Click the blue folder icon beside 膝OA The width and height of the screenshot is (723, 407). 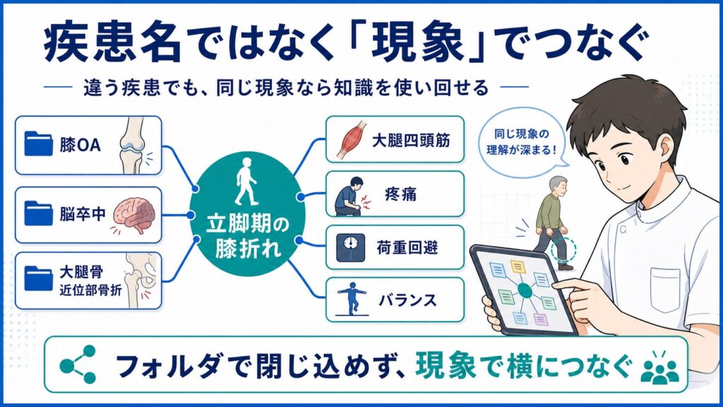[38, 143]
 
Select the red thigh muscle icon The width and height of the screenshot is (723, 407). [352, 139]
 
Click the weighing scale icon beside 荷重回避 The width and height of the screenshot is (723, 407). [350, 248]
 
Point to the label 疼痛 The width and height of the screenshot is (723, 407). [401, 194]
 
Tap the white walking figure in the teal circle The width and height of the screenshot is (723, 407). [246, 182]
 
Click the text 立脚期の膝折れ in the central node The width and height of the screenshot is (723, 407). [248, 237]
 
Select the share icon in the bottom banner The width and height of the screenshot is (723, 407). [78, 365]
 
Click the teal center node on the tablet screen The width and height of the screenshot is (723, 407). [525, 290]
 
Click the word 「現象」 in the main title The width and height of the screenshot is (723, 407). [417, 43]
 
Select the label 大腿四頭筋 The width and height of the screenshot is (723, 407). [411, 141]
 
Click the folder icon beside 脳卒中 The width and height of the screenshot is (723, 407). [38, 213]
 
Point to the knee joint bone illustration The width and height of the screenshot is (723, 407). [132, 144]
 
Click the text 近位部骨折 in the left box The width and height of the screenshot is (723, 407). [91, 290]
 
